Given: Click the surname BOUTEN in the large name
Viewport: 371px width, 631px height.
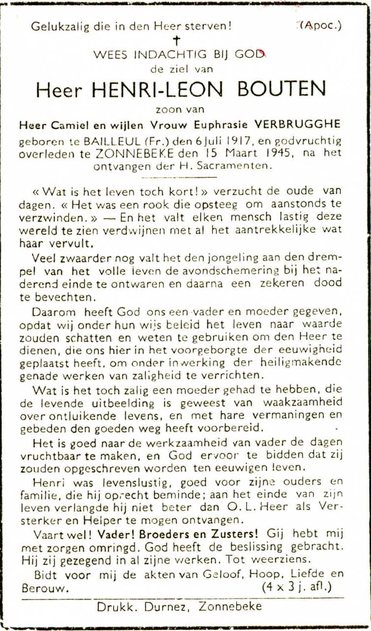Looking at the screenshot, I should point(282,89).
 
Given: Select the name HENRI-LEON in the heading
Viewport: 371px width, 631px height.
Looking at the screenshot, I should point(157,89).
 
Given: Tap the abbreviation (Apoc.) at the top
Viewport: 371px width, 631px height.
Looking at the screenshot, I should point(321,25).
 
